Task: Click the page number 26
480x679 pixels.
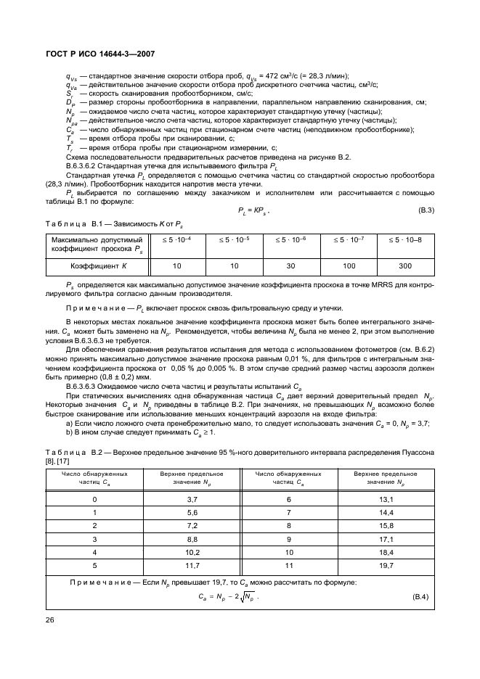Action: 50,620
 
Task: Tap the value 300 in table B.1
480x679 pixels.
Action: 404,266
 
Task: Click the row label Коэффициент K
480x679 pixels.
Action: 97,266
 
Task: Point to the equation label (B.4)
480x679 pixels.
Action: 420,596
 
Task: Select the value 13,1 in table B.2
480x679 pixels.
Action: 386,500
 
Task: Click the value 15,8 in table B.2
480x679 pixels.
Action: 386,525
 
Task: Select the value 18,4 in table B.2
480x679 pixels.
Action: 386,551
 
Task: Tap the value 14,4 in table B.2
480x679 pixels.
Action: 386,513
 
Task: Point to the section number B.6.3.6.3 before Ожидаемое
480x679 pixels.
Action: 85,388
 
